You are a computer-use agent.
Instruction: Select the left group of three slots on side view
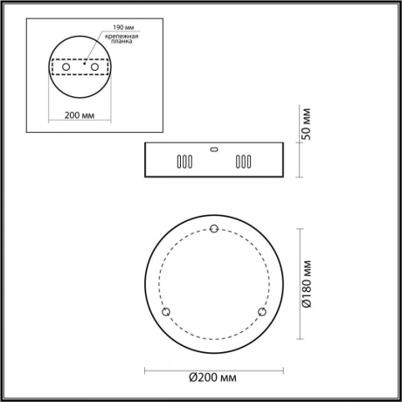click(x=184, y=162)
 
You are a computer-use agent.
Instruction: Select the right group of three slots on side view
click(x=243, y=162)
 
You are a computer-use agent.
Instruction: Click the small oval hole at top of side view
click(x=214, y=149)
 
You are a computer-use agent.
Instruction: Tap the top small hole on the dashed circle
click(x=214, y=230)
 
